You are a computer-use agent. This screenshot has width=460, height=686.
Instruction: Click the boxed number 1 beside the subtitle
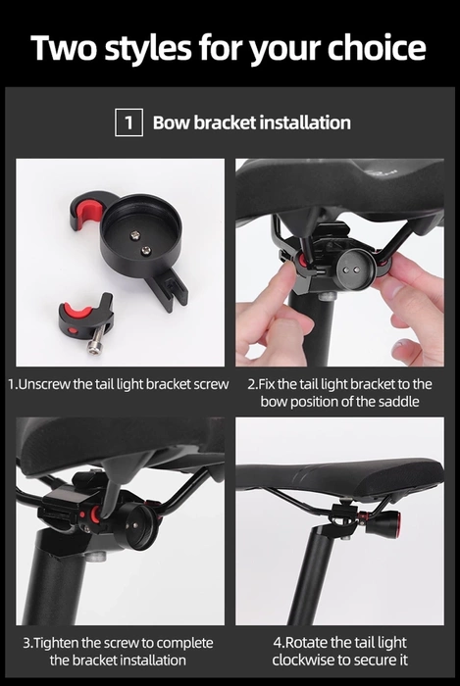(x=128, y=123)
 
